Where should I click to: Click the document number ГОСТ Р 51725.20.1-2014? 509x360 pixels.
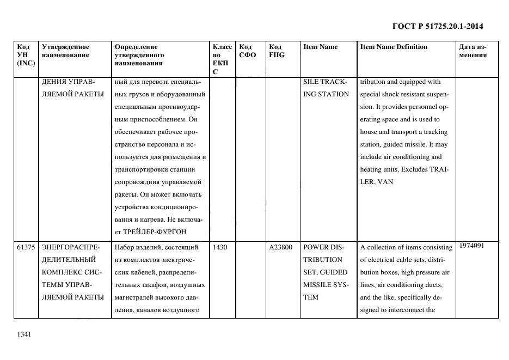pyautogui.click(x=438, y=26)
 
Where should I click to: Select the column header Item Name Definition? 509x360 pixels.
pyautogui.click(x=394, y=47)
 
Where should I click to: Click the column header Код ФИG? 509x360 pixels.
pyautogui.click(x=276, y=51)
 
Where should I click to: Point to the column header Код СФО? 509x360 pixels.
pyautogui.click(x=248, y=51)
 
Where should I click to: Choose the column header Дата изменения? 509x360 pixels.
pyautogui.click(x=473, y=51)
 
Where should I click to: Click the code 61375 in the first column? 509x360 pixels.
pyautogui.click(x=26, y=247)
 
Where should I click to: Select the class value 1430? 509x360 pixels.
pyautogui.click(x=220, y=247)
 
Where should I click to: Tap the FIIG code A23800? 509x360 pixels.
pyautogui.click(x=280, y=247)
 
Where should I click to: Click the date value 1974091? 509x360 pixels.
pyautogui.click(x=472, y=246)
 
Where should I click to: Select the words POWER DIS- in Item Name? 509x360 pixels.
pyautogui.click(x=323, y=247)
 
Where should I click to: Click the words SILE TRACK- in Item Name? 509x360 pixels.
pyautogui.click(x=326, y=82)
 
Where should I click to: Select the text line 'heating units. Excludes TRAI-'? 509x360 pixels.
pyautogui.click(x=404, y=169)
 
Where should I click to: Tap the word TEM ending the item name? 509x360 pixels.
pyautogui.click(x=311, y=297)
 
